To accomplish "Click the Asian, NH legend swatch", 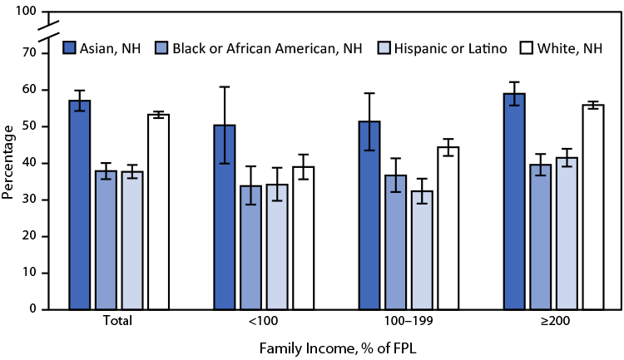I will point(69,48).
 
